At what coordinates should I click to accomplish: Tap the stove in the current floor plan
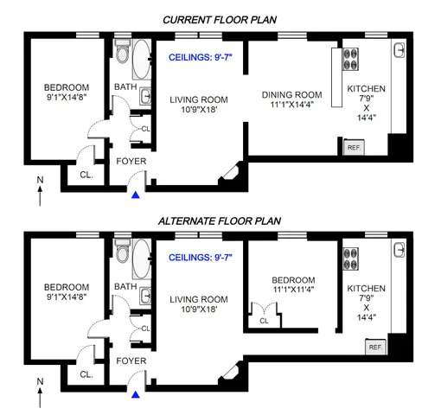351,58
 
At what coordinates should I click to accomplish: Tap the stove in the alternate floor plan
351,259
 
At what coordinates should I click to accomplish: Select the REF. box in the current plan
353,148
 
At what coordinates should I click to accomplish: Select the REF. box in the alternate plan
374,347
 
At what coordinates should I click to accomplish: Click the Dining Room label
293,94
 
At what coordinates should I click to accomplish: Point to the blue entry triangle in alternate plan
133,395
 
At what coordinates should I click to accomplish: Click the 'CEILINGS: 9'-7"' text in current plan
206,58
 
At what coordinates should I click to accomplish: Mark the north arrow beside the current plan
41,192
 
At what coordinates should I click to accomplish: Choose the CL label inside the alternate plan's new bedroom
264,320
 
